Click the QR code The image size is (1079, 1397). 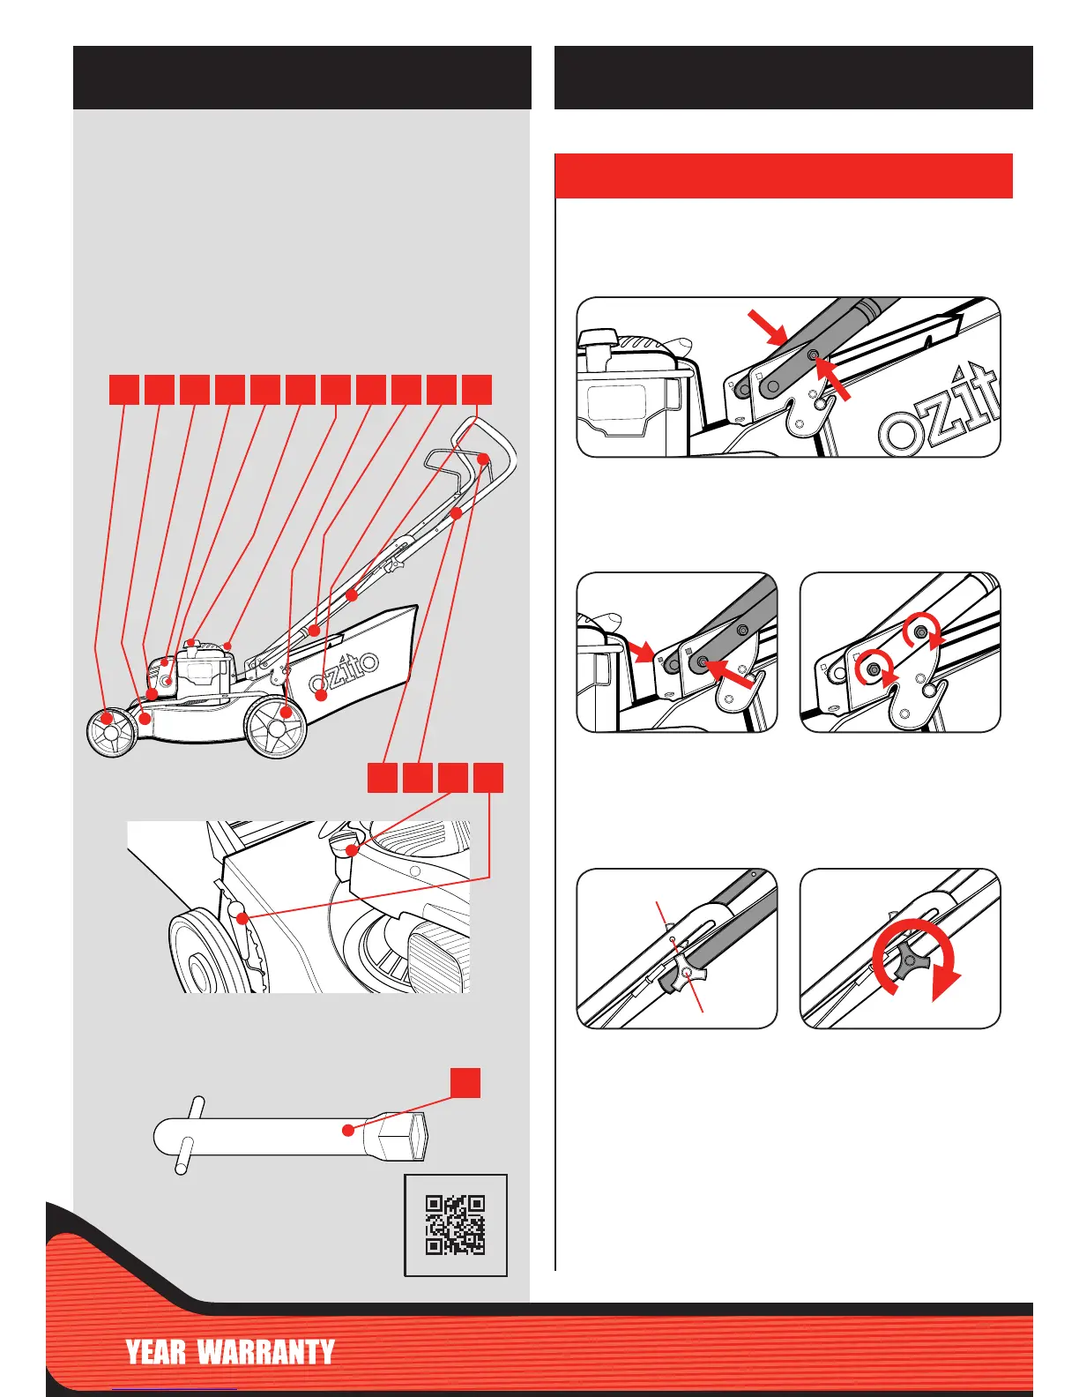pyautogui.click(x=455, y=1224)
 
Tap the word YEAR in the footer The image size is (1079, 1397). pyautogui.click(x=155, y=1352)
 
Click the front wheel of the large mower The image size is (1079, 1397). pyautogui.click(x=111, y=731)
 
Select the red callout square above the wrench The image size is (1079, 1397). pyautogui.click(x=465, y=1082)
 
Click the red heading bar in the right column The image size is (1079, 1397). pyautogui.click(x=783, y=176)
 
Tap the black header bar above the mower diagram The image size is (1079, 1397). pyautogui.click(x=301, y=78)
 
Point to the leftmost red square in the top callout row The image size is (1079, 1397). pyautogui.click(x=124, y=389)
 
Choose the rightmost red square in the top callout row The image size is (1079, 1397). pyautogui.click(x=477, y=389)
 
